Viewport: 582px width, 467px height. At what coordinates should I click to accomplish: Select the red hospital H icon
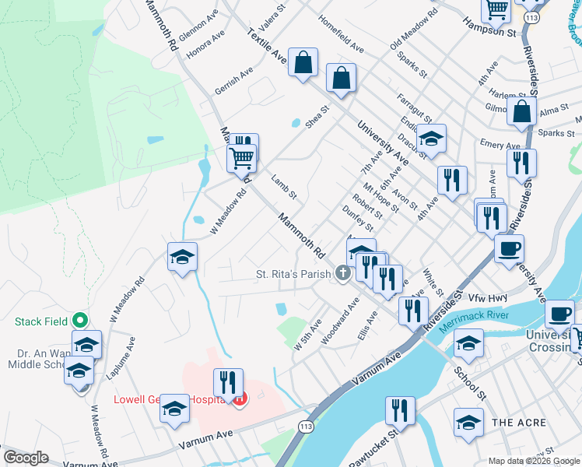point(240,400)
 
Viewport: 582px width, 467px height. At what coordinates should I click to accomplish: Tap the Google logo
point(26,458)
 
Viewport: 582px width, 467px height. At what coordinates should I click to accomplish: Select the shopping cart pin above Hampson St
point(496,9)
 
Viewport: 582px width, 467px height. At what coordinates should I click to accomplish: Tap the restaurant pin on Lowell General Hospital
point(227,382)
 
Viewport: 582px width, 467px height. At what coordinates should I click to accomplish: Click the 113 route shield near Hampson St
point(532,16)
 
